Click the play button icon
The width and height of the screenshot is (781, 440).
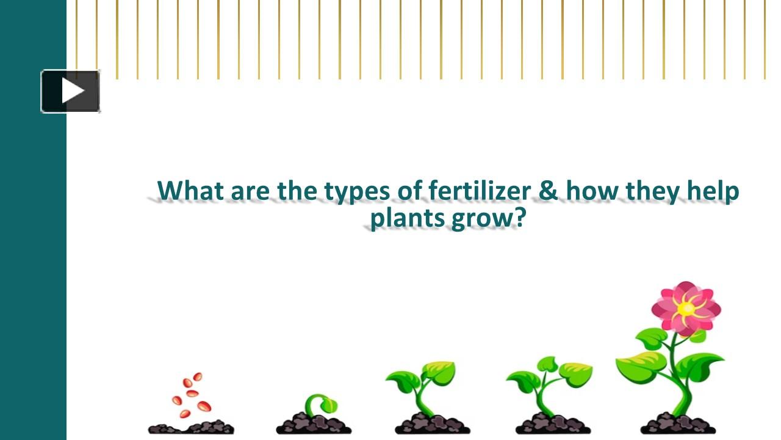click(x=71, y=92)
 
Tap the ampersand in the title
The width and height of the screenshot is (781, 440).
click(x=548, y=191)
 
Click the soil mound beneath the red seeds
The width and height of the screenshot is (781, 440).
click(x=191, y=427)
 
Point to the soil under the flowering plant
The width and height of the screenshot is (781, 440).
click(x=677, y=424)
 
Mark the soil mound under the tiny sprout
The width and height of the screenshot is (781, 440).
click(x=314, y=424)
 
